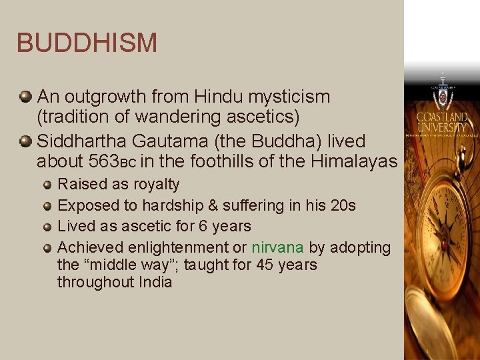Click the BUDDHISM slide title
point(87,43)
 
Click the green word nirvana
point(277,247)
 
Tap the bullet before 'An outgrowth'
point(25,97)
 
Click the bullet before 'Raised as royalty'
point(47,185)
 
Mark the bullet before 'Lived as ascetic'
point(47,227)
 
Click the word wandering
point(171,117)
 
